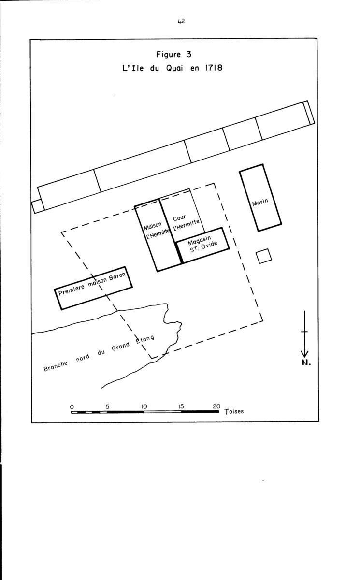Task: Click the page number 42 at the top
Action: (181, 21)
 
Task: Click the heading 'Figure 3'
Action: (173, 54)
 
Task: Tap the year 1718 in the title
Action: (214, 68)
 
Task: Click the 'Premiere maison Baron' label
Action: (92, 284)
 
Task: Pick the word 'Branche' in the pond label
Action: (56, 366)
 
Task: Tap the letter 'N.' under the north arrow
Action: (306, 362)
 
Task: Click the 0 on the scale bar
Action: (72, 407)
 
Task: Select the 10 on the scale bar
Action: (144, 406)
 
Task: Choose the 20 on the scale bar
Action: (216, 406)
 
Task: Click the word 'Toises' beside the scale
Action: (234, 411)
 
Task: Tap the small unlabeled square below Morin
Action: (264, 256)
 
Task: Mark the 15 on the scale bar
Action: (181, 406)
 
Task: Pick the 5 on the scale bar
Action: (107, 406)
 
